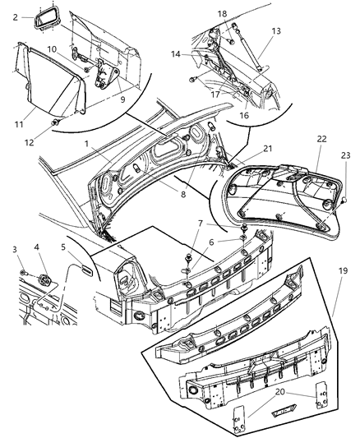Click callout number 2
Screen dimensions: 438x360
pos(14,15)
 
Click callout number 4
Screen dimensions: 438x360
pos(38,246)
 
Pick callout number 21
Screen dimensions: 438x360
pos(244,149)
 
